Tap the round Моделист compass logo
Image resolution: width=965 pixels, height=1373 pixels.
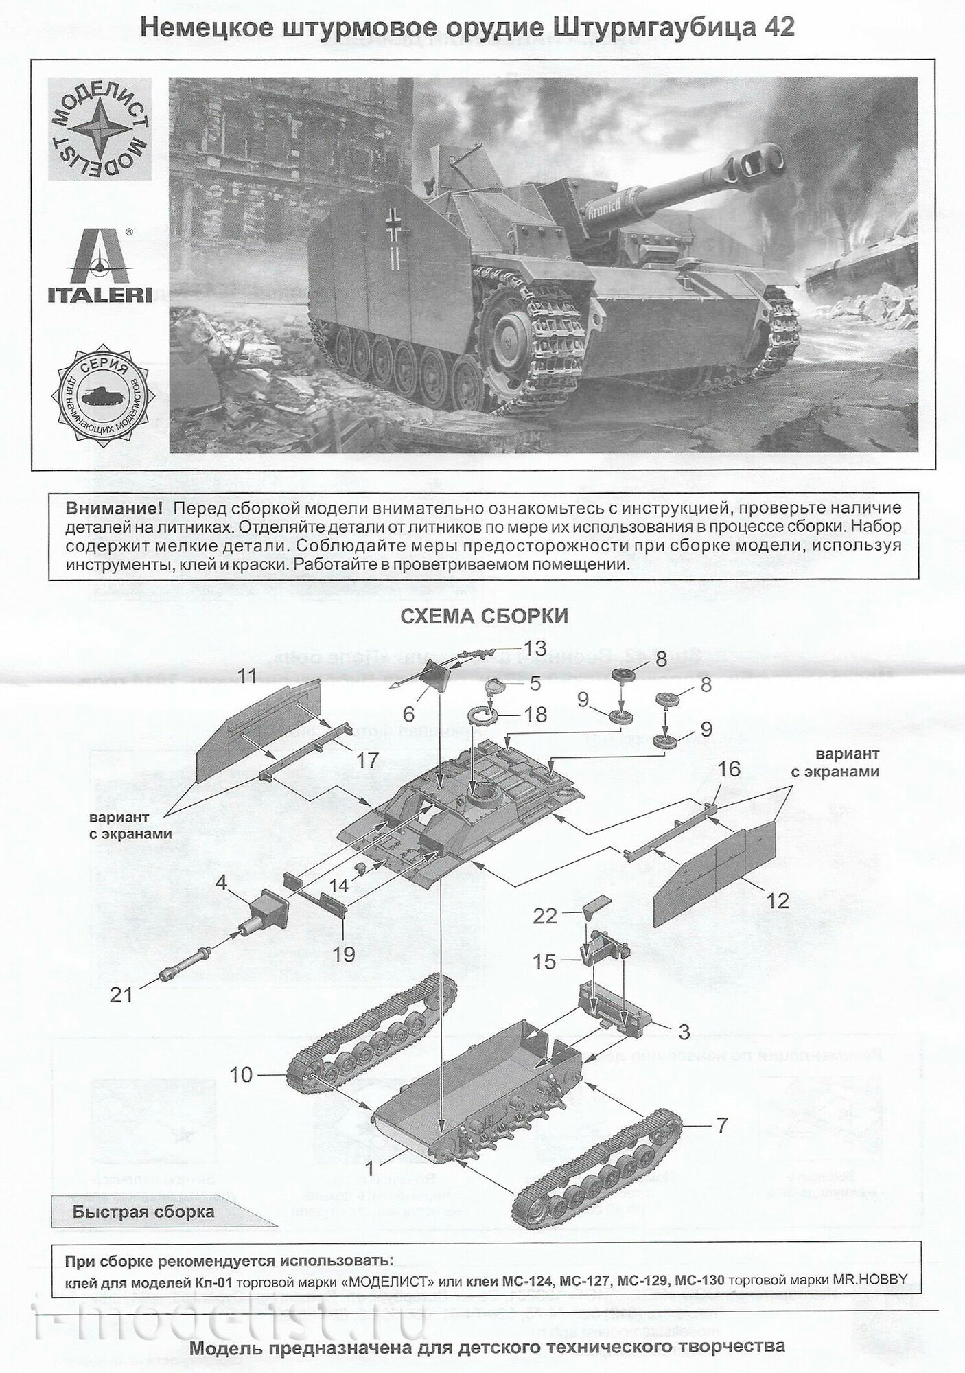100,130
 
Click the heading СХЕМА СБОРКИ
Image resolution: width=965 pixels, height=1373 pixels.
484,616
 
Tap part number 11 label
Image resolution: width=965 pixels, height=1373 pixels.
247,676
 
